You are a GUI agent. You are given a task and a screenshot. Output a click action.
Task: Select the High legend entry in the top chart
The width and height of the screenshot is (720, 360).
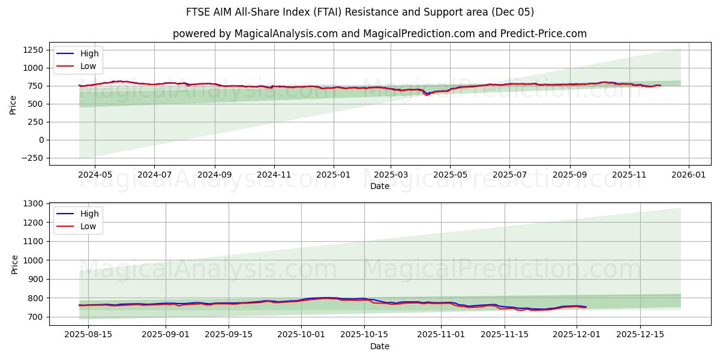89,53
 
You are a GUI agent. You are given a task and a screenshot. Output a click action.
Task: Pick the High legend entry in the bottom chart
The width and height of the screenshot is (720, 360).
89,214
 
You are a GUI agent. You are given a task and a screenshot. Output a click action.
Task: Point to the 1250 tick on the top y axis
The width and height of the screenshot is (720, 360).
34,50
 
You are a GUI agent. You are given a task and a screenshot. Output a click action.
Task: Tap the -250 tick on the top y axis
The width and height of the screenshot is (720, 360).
34,158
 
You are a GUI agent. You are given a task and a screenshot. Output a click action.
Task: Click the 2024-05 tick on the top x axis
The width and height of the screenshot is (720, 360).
95,175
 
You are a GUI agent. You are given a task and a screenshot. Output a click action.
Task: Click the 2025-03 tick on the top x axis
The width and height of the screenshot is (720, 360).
391,175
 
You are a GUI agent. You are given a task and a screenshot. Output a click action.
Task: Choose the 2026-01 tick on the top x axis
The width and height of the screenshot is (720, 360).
688,175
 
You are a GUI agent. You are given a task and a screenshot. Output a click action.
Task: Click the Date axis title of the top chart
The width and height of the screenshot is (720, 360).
379,186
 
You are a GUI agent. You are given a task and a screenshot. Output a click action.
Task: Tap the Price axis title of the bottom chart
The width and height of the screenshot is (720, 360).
14,264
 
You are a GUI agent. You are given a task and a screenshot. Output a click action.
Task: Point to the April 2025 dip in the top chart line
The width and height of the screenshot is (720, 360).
427,95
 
